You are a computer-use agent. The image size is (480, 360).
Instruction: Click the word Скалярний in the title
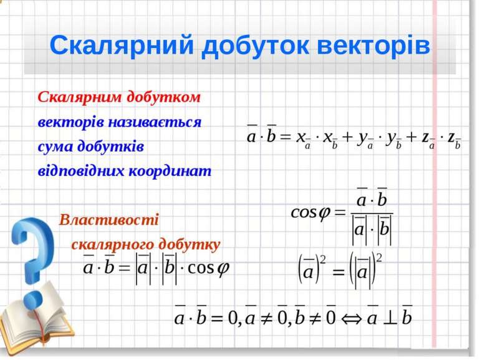pos(122,46)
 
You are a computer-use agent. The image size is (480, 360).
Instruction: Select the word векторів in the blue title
pos(373,46)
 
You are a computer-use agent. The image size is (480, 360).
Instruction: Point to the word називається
pos(155,122)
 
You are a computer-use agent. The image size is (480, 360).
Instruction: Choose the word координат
pos(170,171)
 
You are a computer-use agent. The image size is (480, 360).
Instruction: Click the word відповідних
pos(81,171)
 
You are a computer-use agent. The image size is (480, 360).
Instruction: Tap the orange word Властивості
pos(109,220)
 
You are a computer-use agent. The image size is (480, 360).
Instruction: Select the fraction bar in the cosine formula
pos(372,213)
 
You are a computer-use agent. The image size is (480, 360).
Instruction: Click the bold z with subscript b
pos(454,139)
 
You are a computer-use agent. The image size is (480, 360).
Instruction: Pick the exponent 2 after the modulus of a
pos(378,258)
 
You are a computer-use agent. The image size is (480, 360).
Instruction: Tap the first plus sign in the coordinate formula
pos(347,137)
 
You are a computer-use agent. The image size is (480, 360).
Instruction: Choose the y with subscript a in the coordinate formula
pos(365,139)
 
